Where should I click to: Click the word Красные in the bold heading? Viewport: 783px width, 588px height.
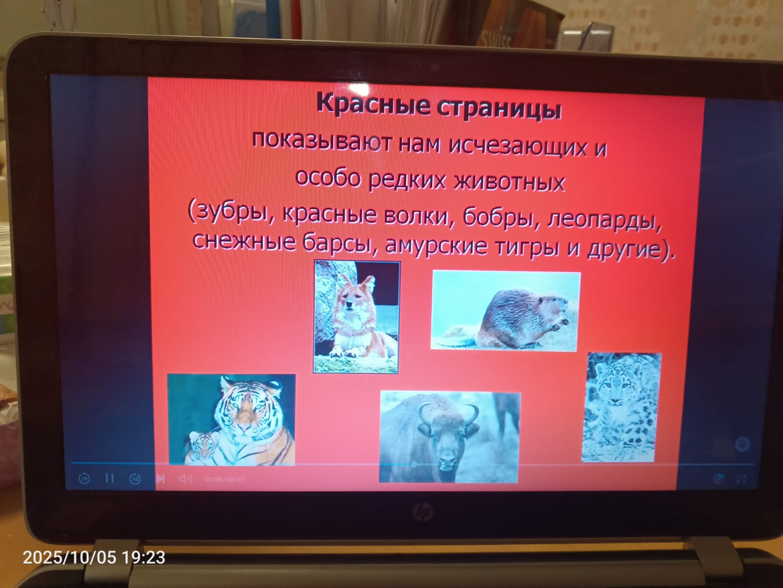(373, 104)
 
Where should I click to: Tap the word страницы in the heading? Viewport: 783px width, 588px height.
(500, 108)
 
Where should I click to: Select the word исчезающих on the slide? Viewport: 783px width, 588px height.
(517, 147)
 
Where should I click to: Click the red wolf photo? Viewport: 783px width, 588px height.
(356, 317)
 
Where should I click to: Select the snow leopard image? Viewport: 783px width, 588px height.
(621, 407)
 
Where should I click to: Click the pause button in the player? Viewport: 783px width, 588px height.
(110, 478)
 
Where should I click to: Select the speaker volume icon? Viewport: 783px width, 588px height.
(185, 479)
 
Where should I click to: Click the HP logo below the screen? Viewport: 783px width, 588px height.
(423, 513)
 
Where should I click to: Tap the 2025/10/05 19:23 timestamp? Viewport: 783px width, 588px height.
(94, 557)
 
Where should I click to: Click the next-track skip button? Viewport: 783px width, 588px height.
(161, 478)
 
